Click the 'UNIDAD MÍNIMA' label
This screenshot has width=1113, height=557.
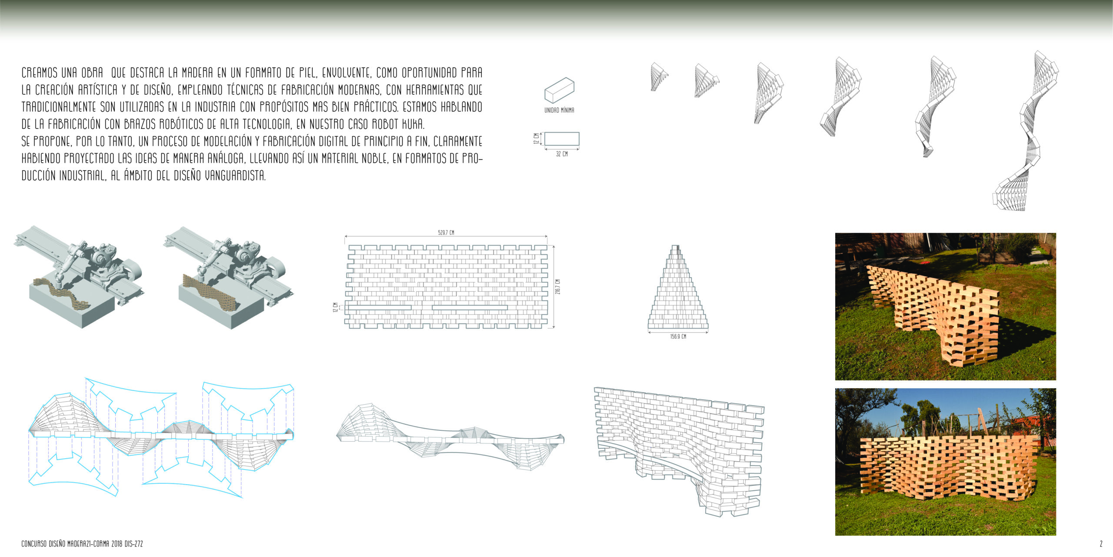point(559,111)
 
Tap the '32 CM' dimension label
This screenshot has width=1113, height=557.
point(562,154)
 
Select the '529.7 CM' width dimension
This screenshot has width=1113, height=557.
point(446,233)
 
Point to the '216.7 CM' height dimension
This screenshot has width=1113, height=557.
point(558,287)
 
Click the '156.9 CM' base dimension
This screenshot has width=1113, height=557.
point(678,337)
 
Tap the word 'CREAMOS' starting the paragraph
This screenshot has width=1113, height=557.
point(39,72)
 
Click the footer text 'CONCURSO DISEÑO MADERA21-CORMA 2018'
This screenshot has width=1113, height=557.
point(72,544)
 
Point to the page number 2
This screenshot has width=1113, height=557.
point(1101,544)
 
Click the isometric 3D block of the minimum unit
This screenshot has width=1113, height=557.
point(560,90)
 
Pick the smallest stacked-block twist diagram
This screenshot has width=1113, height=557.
point(659,77)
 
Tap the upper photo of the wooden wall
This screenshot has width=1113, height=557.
point(946,306)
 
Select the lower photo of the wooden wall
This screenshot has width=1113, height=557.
point(946,462)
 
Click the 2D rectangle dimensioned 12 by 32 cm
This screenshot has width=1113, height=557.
point(562,139)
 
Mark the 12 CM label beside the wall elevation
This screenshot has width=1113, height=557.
point(335,308)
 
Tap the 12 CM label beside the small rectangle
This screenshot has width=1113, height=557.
point(537,139)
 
